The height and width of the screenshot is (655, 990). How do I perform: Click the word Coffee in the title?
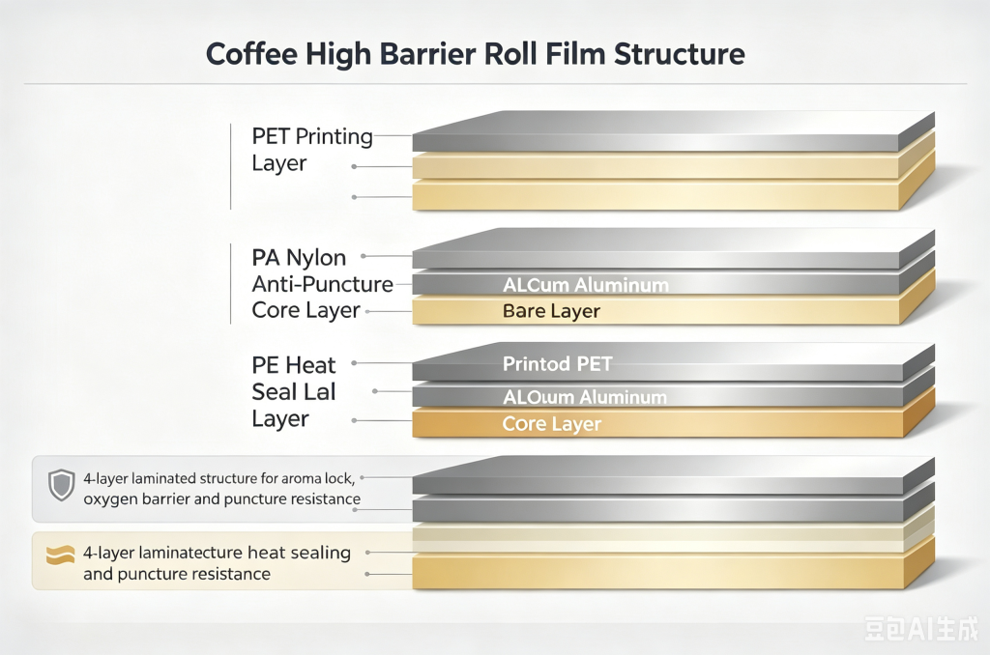(x=252, y=54)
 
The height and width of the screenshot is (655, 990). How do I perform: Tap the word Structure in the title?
(x=680, y=54)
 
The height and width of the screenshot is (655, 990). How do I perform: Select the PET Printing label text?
(x=312, y=136)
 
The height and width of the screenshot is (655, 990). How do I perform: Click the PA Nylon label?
(x=299, y=257)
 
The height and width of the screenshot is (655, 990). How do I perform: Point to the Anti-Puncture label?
(x=323, y=284)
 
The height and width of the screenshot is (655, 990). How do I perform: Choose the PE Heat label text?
(x=294, y=365)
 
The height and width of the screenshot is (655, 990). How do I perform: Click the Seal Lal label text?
(x=294, y=391)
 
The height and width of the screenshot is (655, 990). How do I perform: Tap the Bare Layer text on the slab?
(x=551, y=311)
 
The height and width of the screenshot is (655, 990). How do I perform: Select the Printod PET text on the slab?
(x=558, y=363)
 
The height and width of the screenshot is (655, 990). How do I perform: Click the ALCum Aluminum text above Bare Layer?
(x=586, y=285)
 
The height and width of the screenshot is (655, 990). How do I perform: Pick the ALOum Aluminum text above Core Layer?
(x=585, y=397)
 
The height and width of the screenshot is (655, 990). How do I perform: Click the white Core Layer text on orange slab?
(x=552, y=424)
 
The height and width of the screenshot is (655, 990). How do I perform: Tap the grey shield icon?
(x=62, y=485)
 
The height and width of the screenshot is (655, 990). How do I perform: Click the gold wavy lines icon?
(x=61, y=555)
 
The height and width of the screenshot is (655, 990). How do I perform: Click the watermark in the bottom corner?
(x=921, y=629)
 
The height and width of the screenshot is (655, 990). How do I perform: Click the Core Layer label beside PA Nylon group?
(x=306, y=310)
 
